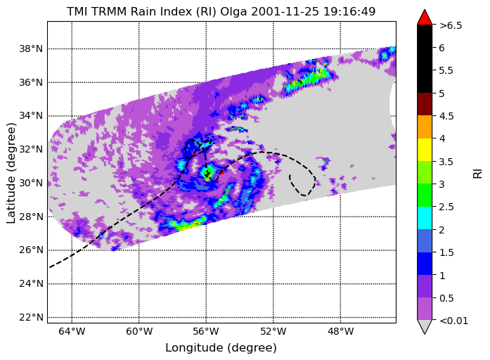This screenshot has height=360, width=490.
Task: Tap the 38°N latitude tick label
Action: coord(31,49)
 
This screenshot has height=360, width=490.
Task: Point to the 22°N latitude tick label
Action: coord(31,317)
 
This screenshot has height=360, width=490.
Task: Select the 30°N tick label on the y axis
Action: coord(31,183)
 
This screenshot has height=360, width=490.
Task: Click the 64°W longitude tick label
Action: coord(72,331)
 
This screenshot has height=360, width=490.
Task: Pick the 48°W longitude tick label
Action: coord(341,331)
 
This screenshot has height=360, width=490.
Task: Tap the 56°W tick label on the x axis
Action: coord(206,331)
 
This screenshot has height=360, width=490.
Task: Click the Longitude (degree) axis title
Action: coord(221,348)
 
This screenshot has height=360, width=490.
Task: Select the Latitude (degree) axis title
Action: coord(11,173)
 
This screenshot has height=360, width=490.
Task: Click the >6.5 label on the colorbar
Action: coord(451,25)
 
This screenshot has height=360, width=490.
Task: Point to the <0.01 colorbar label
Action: coord(453,321)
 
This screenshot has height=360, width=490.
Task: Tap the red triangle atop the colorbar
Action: coord(425,17)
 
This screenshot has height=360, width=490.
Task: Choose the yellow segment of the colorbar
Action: coord(425,150)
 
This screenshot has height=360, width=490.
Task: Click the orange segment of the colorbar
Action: coord(425,127)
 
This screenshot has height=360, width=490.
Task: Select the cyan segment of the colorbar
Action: coord(425,218)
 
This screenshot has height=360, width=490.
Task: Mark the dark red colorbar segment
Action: coord(425,104)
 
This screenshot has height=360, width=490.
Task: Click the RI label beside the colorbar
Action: coord(478,174)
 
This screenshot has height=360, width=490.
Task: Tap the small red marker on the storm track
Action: coord(221,172)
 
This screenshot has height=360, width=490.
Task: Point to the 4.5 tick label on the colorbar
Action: coord(446,116)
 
